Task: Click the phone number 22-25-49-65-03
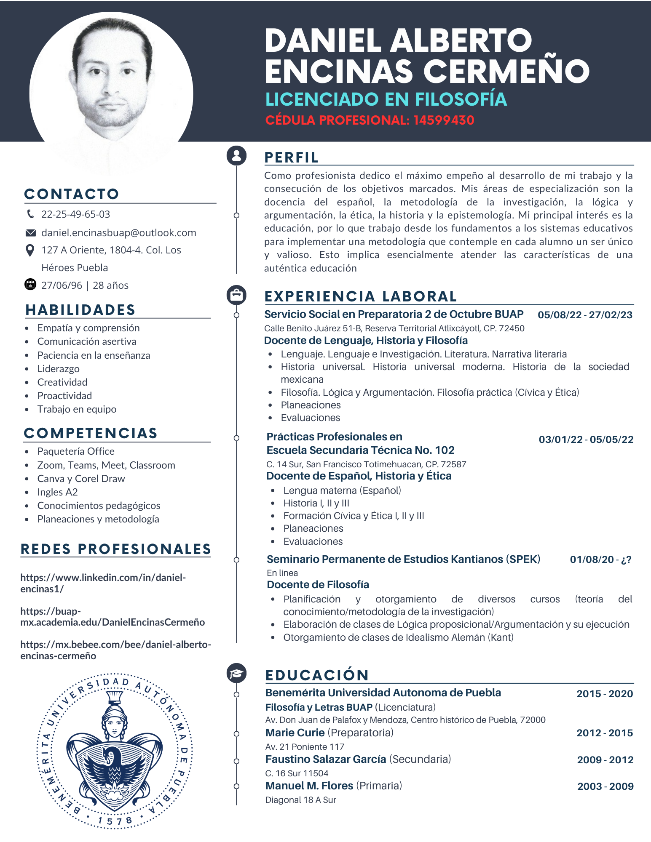point(75,214)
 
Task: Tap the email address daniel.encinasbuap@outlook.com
point(118,233)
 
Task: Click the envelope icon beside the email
point(30,233)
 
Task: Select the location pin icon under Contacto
point(30,250)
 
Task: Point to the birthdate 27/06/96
point(62,285)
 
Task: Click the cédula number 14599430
point(444,120)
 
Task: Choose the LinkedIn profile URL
point(103,583)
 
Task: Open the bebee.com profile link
point(115,650)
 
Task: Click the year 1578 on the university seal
point(115,821)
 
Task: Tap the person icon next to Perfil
point(236,155)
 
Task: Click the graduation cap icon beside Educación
point(236,673)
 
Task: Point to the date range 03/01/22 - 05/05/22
point(586,440)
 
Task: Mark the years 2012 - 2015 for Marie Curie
point(604,733)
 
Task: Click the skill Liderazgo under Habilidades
point(58,369)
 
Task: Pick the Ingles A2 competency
point(57,492)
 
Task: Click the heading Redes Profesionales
point(116,549)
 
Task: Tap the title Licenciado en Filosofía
point(386,99)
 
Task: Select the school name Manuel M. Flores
point(309,786)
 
